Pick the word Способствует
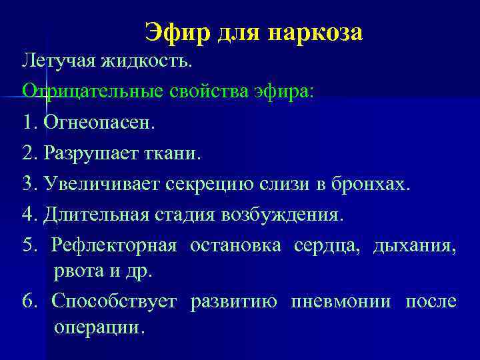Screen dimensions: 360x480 click(x=114, y=302)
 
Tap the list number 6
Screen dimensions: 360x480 click(x=28, y=302)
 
